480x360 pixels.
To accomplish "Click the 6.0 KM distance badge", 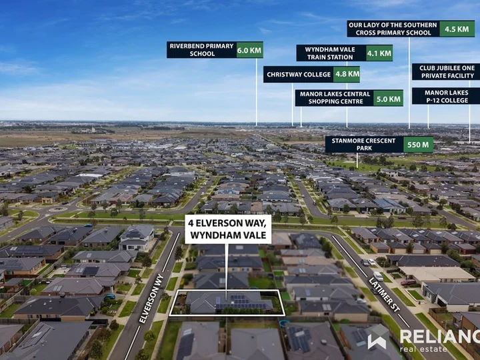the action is coord(249,50).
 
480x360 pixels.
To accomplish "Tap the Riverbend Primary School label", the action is coord(202,50).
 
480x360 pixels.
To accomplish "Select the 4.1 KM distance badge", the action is coord(379,53).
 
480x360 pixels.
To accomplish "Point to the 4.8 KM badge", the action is coord(347,75).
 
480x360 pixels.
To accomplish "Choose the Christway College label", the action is coord(299,75).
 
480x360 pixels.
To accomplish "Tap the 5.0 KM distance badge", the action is coord(388,98).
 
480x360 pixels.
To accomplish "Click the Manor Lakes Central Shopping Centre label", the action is coord(335,98).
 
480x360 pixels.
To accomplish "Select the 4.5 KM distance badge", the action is coord(457,29).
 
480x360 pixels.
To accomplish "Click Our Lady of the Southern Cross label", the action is coord(393,29).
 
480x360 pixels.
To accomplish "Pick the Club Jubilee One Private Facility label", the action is coord(447,72).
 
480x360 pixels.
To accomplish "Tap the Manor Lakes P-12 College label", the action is coord(446,97).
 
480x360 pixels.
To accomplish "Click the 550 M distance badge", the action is coord(419,145).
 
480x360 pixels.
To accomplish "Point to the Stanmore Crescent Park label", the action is coord(364,145).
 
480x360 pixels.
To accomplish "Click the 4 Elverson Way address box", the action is coord(228,229).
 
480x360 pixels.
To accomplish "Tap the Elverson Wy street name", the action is coord(151,299).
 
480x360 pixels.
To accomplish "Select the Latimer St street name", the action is coord(385,295).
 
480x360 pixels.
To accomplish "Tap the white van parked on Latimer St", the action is coord(378,276).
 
